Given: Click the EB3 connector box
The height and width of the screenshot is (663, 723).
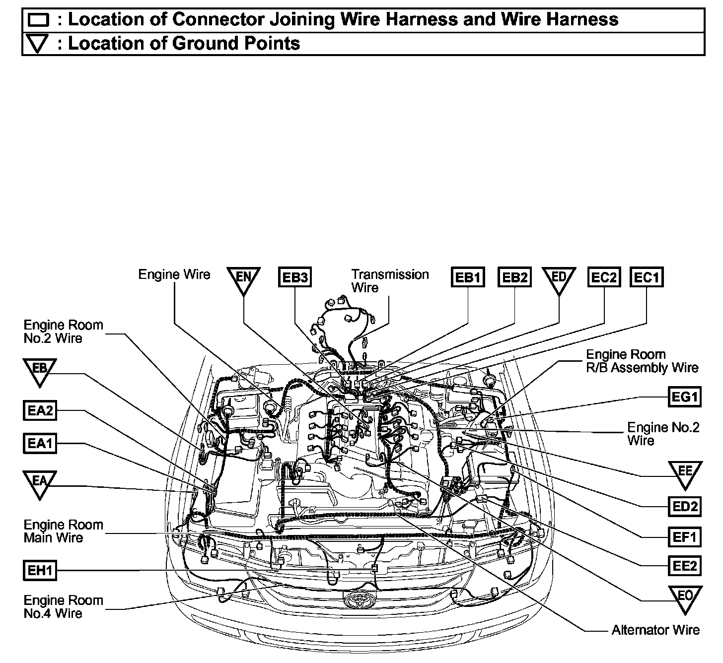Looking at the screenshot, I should pyautogui.click(x=294, y=277).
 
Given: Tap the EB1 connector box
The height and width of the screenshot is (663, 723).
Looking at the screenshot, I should pyautogui.click(x=468, y=277).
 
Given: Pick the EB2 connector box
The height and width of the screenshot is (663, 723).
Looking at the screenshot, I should pyautogui.click(x=514, y=277).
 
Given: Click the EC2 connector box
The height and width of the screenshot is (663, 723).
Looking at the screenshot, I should pyautogui.click(x=604, y=277).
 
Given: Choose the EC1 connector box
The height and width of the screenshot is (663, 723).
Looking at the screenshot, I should pyautogui.click(x=647, y=277).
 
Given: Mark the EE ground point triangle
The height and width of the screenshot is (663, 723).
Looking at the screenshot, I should pyautogui.click(x=685, y=472).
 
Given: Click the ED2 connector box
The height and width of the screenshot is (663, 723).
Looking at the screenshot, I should pyautogui.click(x=685, y=506).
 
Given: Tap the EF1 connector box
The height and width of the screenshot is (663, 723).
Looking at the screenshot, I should pyautogui.click(x=685, y=536).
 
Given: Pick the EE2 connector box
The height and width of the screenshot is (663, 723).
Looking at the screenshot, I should pyautogui.click(x=685, y=565).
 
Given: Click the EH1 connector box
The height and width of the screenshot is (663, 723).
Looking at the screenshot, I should pyautogui.click(x=40, y=570).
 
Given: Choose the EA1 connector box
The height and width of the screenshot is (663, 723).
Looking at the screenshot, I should pyautogui.click(x=40, y=443).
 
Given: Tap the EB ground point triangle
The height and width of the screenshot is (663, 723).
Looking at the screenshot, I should pyautogui.click(x=40, y=370).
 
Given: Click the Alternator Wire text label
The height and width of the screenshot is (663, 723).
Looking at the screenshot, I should pyautogui.click(x=655, y=630).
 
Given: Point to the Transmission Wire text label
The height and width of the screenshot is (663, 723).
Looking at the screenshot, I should pyautogui.click(x=390, y=281).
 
